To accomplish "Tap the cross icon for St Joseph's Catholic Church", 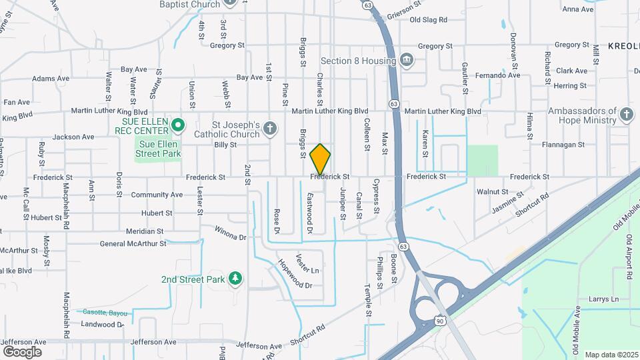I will click(x=269, y=129).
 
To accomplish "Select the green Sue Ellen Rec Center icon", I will click(x=177, y=125).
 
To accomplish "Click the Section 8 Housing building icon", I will click(x=406, y=61).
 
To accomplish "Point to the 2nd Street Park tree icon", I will click(x=234, y=278).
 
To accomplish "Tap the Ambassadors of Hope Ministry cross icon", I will click(x=625, y=115).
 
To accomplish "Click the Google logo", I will click(x=22, y=352).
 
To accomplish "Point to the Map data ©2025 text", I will click(x=611, y=355).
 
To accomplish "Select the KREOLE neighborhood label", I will click(x=623, y=46).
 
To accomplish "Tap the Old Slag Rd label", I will click(x=428, y=20).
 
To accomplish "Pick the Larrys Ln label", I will click(x=603, y=299).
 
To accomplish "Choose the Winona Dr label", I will click(x=230, y=233).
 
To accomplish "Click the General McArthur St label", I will click(x=133, y=243).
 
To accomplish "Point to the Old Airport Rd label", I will click(x=628, y=257).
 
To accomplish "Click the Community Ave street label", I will click(x=157, y=195).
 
